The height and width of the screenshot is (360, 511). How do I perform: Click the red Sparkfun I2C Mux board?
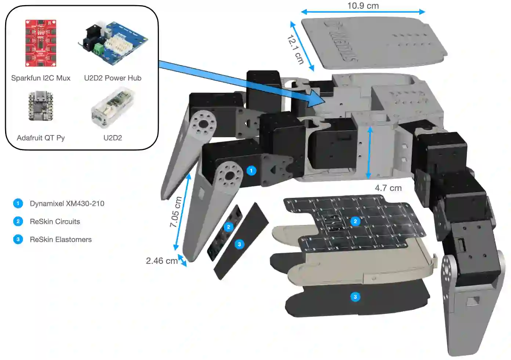click(x=40, y=43)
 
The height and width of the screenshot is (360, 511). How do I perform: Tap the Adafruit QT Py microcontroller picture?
click(x=41, y=106)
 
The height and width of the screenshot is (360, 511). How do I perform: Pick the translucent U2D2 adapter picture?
click(x=113, y=107)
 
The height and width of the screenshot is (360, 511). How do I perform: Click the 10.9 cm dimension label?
click(x=363, y=6)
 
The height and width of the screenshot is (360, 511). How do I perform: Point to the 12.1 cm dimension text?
click(x=296, y=49)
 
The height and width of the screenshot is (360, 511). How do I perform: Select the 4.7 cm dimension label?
click(x=388, y=188)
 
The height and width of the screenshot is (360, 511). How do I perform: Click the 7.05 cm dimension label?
click(x=176, y=212)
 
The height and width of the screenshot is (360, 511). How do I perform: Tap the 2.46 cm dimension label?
click(x=162, y=261)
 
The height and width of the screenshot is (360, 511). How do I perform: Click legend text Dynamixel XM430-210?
click(x=67, y=204)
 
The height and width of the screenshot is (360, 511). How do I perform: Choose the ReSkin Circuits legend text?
click(x=55, y=222)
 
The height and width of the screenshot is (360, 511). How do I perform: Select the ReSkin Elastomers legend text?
click(x=61, y=240)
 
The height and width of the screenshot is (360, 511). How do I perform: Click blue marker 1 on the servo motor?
click(x=251, y=171)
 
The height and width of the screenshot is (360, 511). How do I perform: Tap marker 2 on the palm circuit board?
click(x=355, y=221)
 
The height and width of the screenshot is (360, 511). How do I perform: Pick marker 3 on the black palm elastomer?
click(x=355, y=297)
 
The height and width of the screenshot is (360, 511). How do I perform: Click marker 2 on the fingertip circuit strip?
click(x=228, y=227)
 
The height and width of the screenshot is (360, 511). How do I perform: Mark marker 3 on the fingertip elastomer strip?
click(x=239, y=244)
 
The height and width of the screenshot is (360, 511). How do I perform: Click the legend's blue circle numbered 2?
click(x=18, y=222)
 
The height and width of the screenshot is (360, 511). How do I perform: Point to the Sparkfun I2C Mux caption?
click(x=41, y=78)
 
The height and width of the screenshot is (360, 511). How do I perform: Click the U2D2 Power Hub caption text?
click(x=113, y=78)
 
